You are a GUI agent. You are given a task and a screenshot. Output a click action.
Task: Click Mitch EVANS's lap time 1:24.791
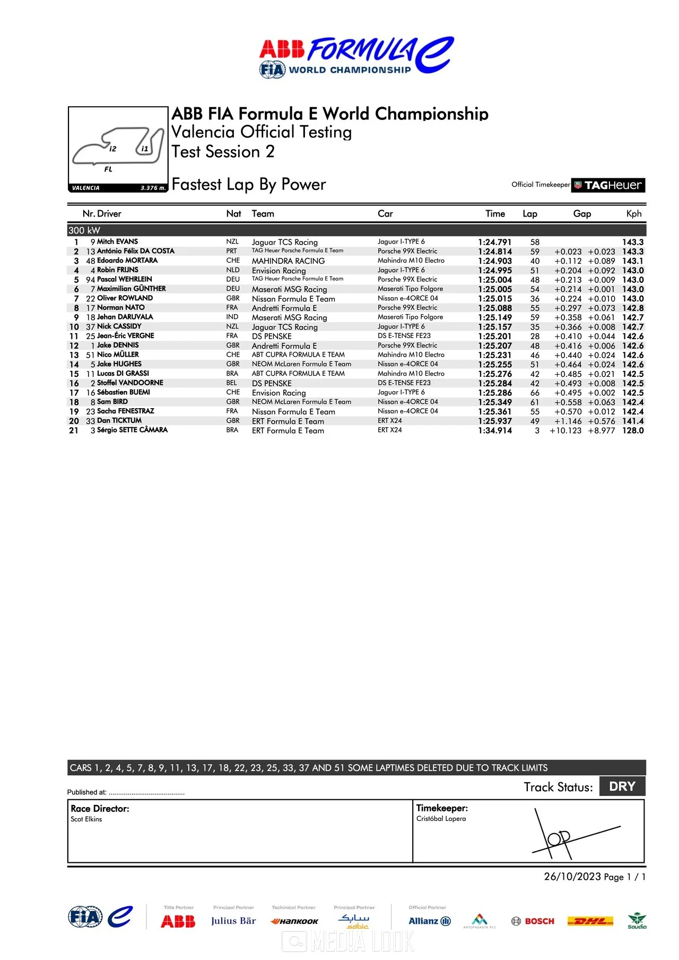coord(494,242)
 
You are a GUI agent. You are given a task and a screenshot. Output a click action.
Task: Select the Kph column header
coord(633,214)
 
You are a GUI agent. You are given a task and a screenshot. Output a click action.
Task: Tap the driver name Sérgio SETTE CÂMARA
coord(132,430)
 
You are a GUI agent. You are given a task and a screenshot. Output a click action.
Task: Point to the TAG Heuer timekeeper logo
coord(608,185)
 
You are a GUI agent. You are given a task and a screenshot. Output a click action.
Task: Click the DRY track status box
coord(622,786)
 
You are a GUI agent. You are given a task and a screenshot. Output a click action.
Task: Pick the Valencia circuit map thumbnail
coord(118,149)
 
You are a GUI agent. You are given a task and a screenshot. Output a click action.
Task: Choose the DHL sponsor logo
coord(590,921)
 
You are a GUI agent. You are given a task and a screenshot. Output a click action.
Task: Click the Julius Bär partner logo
coord(233,921)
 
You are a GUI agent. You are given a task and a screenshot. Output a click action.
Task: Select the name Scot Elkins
coord(86,819)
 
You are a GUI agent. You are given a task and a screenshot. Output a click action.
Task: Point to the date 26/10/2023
coord(572,877)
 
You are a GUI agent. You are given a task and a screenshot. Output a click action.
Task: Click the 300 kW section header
coord(84,230)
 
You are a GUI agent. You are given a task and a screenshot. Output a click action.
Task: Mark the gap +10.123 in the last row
coord(565,430)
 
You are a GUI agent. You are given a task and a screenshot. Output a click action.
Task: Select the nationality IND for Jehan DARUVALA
coord(232,317)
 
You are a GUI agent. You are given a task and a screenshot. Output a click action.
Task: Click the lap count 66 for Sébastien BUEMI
coord(534,393)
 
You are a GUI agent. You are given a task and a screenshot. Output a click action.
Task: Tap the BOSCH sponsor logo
coord(533,921)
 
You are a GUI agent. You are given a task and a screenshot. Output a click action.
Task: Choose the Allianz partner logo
coord(429,921)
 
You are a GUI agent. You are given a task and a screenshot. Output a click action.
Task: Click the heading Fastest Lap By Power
coord(248,185)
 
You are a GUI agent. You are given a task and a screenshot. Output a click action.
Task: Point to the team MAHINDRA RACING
coord(288,261)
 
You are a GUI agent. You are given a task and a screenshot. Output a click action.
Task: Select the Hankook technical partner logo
coord(294,921)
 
